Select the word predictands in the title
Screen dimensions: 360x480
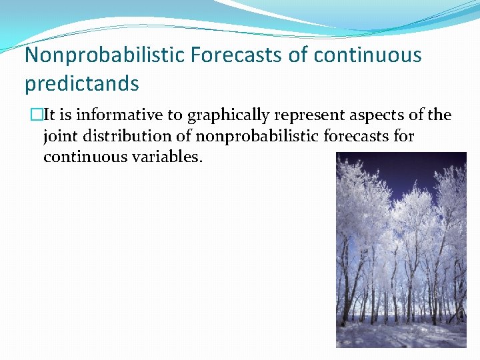pyautogui.click(x=82, y=83)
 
